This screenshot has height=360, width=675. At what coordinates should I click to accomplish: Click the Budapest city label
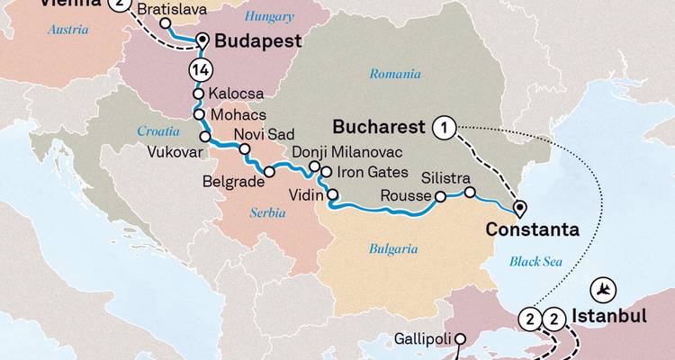(256, 40)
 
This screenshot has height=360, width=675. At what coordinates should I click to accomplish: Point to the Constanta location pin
(519, 210)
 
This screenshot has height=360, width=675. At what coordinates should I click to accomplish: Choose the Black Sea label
(535, 261)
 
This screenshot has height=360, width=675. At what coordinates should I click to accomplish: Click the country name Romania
(395, 74)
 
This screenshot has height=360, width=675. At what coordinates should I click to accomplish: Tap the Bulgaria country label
(393, 247)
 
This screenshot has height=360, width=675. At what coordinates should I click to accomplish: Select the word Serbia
(269, 212)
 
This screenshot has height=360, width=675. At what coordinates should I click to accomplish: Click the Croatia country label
(157, 131)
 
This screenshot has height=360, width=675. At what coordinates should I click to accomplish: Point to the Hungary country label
(269, 15)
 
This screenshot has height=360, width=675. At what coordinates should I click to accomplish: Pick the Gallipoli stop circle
(458, 339)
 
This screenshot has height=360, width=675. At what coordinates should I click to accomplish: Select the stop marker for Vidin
(333, 194)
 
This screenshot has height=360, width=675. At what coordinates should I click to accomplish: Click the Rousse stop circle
(440, 197)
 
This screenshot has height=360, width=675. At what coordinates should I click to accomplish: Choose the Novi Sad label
(259, 135)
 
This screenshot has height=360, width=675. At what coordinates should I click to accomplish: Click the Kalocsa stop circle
(198, 94)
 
